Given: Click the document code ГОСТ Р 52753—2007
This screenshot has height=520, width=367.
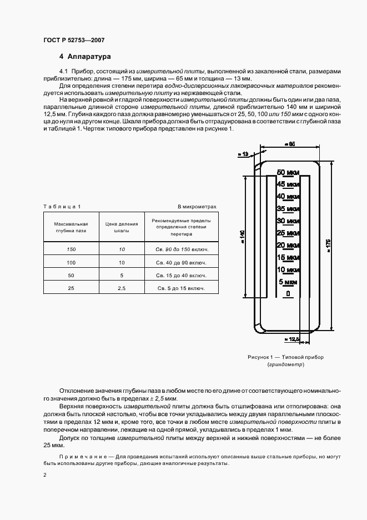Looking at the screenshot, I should pyautogui.click(x=74, y=41).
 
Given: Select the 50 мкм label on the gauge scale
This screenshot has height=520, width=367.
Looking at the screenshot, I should pyautogui.click(x=288, y=172).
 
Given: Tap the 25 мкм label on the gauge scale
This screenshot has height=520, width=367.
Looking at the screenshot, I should pyautogui.click(x=288, y=232).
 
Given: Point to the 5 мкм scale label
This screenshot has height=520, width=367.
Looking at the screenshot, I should pyautogui.click(x=288, y=282).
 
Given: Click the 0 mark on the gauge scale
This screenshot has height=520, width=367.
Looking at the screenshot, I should pyautogui.click(x=288, y=293).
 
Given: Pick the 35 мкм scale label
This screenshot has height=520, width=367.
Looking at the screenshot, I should pyautogui.click(x=288, y=208).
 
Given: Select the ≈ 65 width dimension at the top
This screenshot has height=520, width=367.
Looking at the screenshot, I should pyautogui.click(x=289, y=144).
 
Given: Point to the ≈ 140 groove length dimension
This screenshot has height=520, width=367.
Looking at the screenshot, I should pyautogui.click(x=242, y=236).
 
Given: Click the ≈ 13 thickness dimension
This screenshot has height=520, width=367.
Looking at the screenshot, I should pyautogui.click(x=243, y=154).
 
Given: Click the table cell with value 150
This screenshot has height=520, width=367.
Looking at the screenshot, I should pyautogui.click(x=71, y=249).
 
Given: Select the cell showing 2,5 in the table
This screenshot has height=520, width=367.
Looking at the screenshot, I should pyautogui.click(x=122, y=288).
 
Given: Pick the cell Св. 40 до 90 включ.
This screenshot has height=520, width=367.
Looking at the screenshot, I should pyautogui.click(x=180, y=262).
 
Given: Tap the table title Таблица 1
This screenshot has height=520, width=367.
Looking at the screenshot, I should pyautogui.click(x=62, y=207).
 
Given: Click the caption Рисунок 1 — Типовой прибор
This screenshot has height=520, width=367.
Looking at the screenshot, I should pyautogui.click(x=285, y=357).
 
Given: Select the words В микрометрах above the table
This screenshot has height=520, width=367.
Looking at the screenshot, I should pyautogui.click(x=197, y=207).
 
